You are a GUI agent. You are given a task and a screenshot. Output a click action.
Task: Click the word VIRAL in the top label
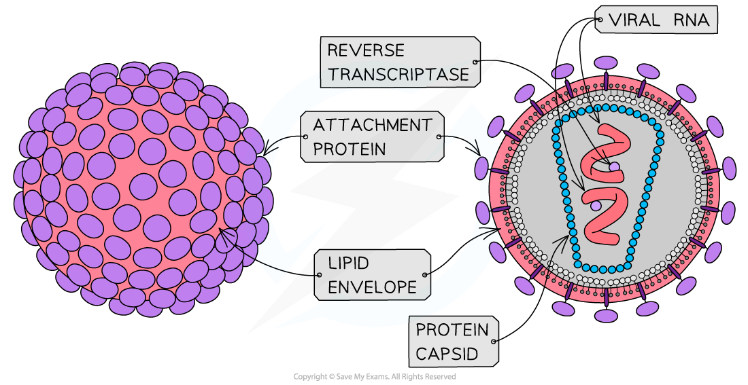click(x=634, y=21)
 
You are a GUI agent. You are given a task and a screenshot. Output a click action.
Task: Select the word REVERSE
click(x=365, y=50)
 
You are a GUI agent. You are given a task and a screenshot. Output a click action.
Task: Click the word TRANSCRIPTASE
click(x=398, y=74)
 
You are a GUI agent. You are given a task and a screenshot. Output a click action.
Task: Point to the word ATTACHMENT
click(x=372, y=126)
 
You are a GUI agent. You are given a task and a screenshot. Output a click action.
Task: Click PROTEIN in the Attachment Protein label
click(x=348, y=149)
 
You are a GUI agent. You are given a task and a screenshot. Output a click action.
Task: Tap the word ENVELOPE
click(x=372, y=287)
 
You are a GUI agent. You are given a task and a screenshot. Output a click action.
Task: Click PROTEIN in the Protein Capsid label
click(x=452, y=331)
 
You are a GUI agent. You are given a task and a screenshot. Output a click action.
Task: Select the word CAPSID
click(x=445, y=354)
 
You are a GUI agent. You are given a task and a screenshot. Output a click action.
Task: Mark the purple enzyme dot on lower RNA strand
click(x=596, y=204)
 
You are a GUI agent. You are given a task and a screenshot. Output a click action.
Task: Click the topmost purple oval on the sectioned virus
click(x=605, y=63)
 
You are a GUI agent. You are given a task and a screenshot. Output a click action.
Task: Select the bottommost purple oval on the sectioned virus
click(x=605, y=315)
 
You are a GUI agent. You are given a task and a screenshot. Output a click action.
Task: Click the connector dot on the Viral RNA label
click(x=599, y=21)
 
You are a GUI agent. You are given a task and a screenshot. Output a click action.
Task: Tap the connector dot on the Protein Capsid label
click(x=494, y=342)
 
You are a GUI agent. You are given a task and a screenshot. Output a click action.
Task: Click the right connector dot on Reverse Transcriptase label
click(x=476, y=62)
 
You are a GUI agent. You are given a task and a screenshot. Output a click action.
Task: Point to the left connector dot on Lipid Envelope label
click(x=318, y=275)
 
